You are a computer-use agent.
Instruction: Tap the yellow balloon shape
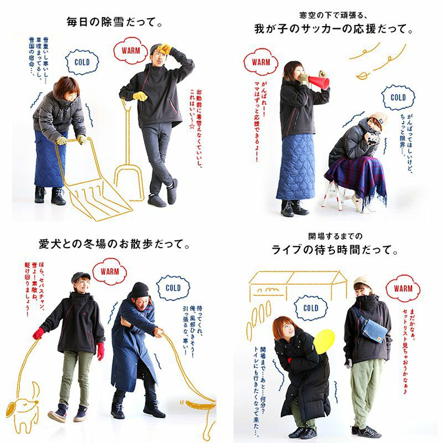point(324,341)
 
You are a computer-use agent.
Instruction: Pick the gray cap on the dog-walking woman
point(80,276)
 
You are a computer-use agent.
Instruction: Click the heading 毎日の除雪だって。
point(115,22)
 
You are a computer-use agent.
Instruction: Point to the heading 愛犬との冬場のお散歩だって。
point(114,244)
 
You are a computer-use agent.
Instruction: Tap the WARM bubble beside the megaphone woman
point(261,62)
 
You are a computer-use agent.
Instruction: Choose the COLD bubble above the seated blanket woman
point(398,97)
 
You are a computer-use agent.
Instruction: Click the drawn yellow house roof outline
point(297,277)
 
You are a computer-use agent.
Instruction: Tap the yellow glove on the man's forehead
point(164,49)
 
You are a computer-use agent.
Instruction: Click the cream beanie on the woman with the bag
point(363,282)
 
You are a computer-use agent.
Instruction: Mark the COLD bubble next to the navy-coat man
point(173,288)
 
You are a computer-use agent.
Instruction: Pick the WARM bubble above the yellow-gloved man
point(131,50)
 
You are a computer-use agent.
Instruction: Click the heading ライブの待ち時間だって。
point(335,250)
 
